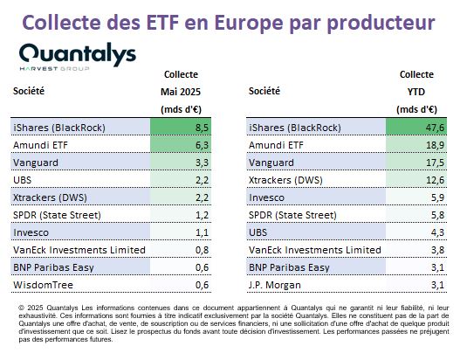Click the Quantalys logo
click(78, 56)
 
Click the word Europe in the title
click(249, 23)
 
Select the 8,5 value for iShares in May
click(202, 128)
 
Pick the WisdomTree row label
click(43, 285)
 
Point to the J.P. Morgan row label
click(275, 285)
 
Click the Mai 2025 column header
click(181, 92)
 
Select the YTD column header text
click(416, 92)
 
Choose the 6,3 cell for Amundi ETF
click(202, 145)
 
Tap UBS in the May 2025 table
click(23, 180)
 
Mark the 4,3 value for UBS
click(437, 232)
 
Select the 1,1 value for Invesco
click(202, 232)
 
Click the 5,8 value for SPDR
click(437, 215)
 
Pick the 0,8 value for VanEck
click(202, 250)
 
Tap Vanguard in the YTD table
click(271, 163)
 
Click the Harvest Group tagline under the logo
click(54, 69)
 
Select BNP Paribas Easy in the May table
click(53, 267)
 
